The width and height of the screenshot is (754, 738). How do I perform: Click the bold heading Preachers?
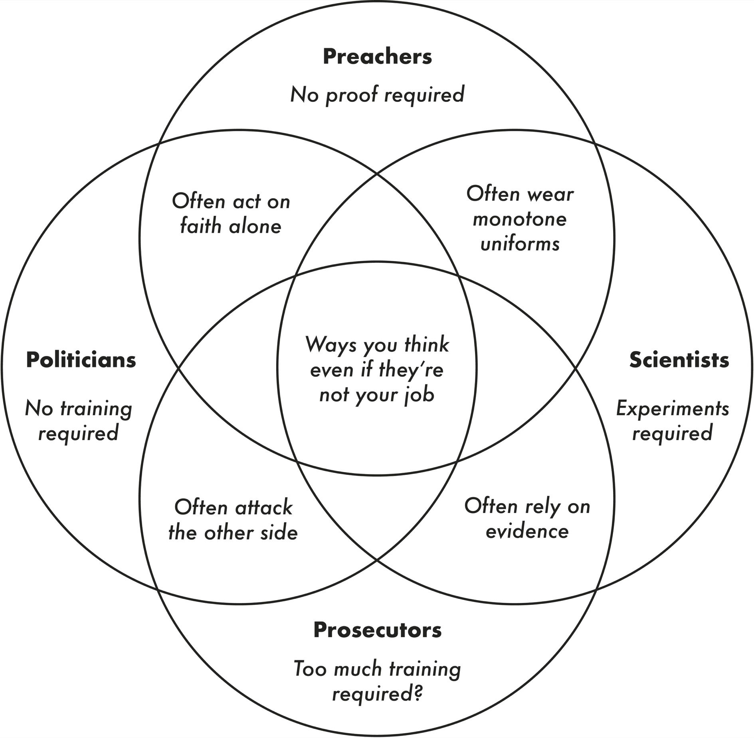(377, 57)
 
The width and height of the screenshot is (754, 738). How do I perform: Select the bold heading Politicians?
(81, 360)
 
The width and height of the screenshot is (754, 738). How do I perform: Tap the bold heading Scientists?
(679, 360)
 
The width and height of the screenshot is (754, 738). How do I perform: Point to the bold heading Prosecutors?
(377, 630)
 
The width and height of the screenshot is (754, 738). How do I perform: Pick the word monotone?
(520, 219)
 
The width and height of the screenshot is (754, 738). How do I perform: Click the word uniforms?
(520, 244)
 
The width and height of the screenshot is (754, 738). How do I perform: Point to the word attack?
(264, 508)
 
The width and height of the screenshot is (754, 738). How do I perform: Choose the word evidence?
(527, 531)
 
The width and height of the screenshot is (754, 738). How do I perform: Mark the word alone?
(255, 226)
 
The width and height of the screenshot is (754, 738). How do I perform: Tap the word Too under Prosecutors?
(311, 669)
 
